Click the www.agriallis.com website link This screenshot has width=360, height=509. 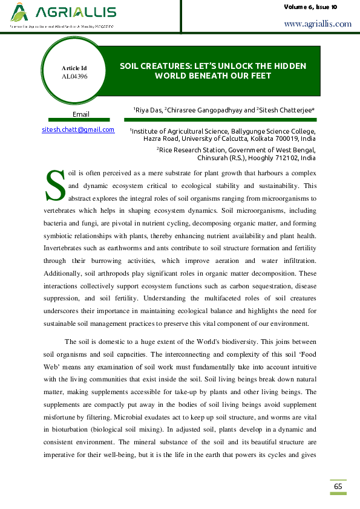tap(317, 24)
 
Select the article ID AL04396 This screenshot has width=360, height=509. tap(74, 77)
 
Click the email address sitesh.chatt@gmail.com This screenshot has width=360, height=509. tap(78, 129)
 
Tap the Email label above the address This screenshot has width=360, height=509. tap(81, 114)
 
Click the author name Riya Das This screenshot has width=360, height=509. tap(149, 111)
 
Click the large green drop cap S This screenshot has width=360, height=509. tap(55, 186)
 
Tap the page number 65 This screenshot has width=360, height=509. tap(338, 487)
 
